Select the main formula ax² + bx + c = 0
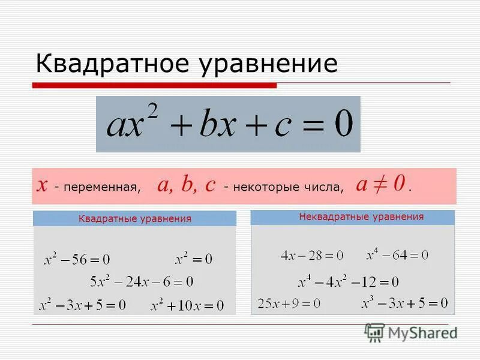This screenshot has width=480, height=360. (x=229, y=125)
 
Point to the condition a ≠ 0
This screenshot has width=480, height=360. (x=382, y=184)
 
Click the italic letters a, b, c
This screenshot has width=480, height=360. (x=186, y=185)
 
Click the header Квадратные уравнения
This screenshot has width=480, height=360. (x=134, y=218)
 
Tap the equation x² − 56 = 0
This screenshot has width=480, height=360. (x=77, y=260)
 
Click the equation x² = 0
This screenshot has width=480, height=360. (x=193, y=259)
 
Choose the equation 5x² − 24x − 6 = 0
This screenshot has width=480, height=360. (x=142, y=281)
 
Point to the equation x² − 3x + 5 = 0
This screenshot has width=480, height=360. (x=82, y=305)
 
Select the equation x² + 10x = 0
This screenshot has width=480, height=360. (x=187, y=305)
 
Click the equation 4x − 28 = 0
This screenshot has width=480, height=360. (x=311, y=256)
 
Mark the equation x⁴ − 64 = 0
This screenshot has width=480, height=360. (x=397, y=255)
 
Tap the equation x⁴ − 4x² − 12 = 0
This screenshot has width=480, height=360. (x=348, y=281)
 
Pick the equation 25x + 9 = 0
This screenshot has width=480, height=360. (x=289, y=303)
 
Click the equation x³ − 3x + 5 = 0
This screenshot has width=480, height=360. (x=404, y=302)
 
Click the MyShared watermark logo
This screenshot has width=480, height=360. (x=410, y=332)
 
